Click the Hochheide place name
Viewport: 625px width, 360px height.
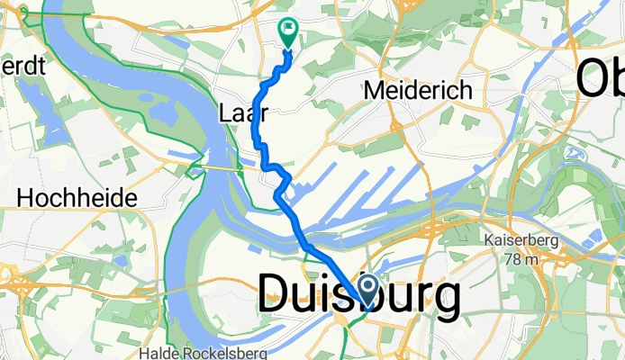[x=77, y=197]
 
